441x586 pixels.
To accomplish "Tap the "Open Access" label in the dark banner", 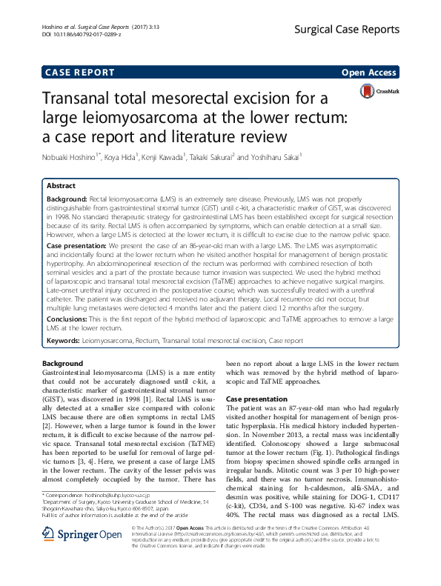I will pos(368,73).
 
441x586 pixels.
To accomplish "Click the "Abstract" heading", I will pos(61,186).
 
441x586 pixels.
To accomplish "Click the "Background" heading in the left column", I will pos(63,364).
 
